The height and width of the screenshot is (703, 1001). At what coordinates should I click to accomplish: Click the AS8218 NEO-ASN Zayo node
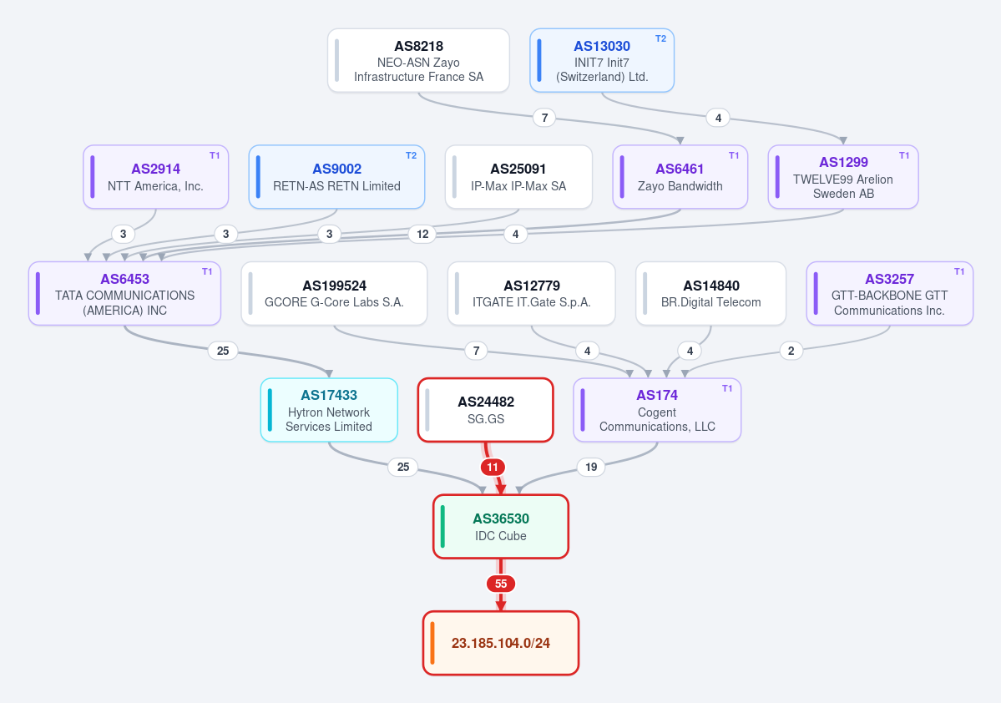tap(418, 61)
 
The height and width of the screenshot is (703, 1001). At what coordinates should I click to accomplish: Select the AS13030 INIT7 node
tap(602, 61)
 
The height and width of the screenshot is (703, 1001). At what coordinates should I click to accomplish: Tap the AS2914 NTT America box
tap(156, 177)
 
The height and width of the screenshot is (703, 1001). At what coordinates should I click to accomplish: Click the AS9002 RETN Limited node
tap(336, 177)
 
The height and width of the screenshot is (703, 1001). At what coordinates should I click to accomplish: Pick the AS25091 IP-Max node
tap(518, 177)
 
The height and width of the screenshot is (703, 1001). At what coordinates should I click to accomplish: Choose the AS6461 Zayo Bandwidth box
tap(680, 177)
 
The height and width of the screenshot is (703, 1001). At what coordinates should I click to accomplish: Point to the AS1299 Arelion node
tap(843, 177)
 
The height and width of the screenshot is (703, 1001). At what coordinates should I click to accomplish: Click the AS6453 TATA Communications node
tap(124, 294)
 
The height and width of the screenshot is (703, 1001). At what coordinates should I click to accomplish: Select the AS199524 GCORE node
tap(334, 294)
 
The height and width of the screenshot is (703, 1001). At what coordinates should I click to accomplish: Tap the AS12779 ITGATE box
tap(531, 294)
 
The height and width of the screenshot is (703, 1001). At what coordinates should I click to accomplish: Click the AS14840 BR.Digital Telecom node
tap(710, 294)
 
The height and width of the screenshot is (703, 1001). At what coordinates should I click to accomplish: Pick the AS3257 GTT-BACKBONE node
tap(889, 294)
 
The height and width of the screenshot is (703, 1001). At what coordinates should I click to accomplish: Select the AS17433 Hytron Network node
tap(329, 410)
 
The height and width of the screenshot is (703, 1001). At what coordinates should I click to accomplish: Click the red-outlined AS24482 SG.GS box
tap(485, 410)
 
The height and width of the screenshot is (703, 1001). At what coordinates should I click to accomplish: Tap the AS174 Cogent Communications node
tap(657, 410)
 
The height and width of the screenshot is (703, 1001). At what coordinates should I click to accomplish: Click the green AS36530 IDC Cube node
tap(501, 527)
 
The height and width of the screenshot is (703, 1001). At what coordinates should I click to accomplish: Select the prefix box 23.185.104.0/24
tap(501, 643)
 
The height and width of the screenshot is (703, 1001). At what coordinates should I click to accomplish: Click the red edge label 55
tap(501, 584)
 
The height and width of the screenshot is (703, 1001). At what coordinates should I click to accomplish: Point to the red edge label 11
tap(493, 468)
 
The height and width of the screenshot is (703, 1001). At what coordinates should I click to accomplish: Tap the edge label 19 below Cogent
tap(591, 468)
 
